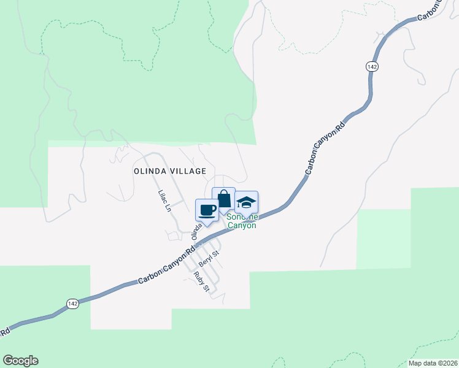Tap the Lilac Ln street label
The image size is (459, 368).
pyautogui.click(x=163, y=201)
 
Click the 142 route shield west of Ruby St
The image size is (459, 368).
pyautogui.click(x=72, y=304)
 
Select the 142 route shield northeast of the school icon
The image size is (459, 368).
pyautogui.click(x=372, y=66)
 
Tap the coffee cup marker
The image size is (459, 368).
pyautogui.click(x=207, y=210)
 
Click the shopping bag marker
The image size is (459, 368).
pyautogui.click(x=224, y=199)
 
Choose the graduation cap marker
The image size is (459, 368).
pyautogui.click(x=246, y=202)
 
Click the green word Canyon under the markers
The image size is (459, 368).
pyautogui.click(x=242, y=225)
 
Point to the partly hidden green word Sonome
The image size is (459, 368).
pyautogui.click(x=241, y=217)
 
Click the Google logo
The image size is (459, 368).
pyautogui.click(x=20, y=361)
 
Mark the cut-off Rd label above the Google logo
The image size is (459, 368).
pyautogui.click(x=5, y=331)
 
